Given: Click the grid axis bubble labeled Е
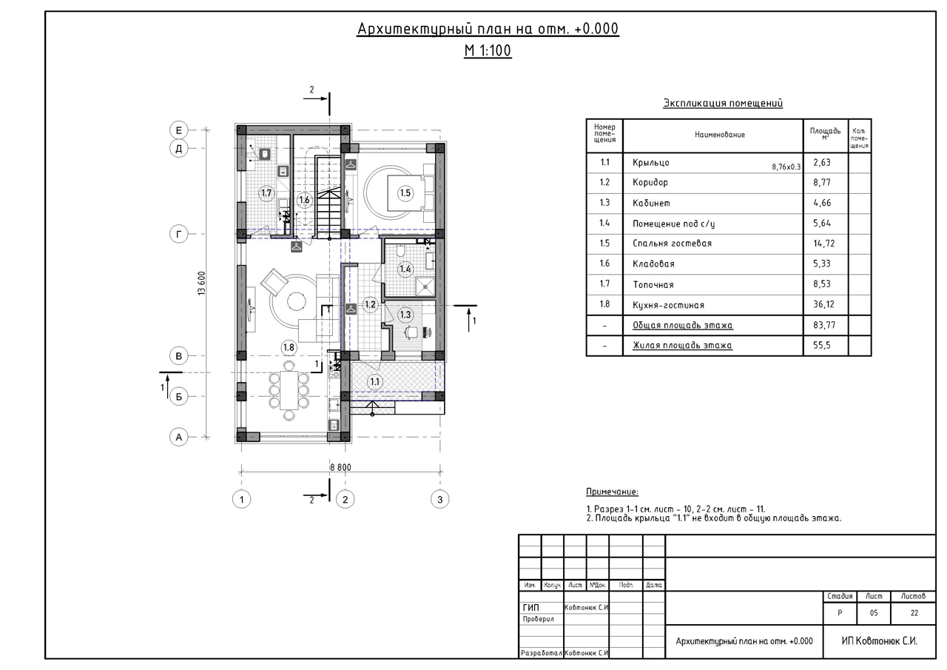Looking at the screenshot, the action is pos(178,130).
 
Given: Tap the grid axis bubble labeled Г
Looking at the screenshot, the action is pos(178,234).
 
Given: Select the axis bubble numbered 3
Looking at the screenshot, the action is pos(439,500).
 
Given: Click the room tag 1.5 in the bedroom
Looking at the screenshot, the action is pos(405,193).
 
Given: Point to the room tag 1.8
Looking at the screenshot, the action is pos(289,348).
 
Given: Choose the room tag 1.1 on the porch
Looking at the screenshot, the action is pos(374,382).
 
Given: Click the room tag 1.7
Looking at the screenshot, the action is pos(266,193).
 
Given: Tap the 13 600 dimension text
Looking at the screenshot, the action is pos(202,283).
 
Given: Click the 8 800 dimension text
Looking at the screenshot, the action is pos(340,467).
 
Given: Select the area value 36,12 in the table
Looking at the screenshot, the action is pos(822,304).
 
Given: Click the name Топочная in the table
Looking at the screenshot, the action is pos(653,285).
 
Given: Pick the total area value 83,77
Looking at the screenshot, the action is pos(822,325).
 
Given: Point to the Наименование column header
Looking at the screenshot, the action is pos(720,135).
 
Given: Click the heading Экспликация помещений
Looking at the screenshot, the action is pos(723,103).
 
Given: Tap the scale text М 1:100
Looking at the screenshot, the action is pos(488,51).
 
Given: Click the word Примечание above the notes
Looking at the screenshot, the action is pos(612,492).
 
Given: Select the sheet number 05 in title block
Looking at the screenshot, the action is pos(874,613).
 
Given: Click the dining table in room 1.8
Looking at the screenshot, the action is pos(289,390).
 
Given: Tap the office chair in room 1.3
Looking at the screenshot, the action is pos(410,333).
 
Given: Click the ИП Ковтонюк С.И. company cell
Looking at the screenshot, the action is pos(880,641).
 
